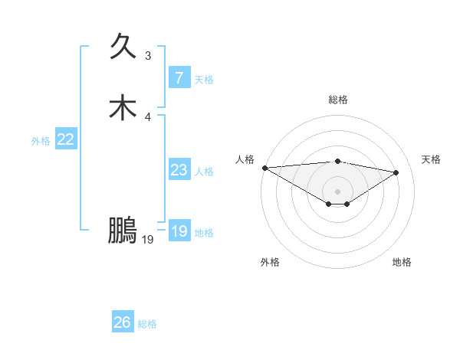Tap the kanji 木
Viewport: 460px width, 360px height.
coord(123,107)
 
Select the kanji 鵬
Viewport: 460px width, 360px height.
coord(123,230)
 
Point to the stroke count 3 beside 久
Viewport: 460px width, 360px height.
coord(148,55)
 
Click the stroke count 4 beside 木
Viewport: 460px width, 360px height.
coord(148,116)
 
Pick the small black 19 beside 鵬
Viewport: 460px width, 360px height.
coord(148,240)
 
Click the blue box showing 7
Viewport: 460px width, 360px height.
coord(179,77)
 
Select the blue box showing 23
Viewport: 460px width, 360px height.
coord(179,170)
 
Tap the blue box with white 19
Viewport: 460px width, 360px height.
coord(179,231)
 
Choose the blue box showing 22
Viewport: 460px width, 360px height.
coord(66,139)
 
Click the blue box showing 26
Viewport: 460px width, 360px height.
coord(123,322)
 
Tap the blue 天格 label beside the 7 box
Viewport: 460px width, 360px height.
coord(204,80)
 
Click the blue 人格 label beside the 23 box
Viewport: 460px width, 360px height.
coord(204,172)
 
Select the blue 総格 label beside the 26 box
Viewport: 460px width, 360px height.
coord(147,324)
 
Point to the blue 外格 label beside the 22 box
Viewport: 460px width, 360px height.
coord(41,141)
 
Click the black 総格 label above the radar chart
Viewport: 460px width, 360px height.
coord(338,100)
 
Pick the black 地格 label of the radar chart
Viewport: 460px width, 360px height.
coord(402,262)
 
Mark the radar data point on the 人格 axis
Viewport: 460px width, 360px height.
coord(264,168)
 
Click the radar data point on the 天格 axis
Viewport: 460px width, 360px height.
coord(396,172)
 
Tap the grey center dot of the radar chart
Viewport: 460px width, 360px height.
coord(338,191)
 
